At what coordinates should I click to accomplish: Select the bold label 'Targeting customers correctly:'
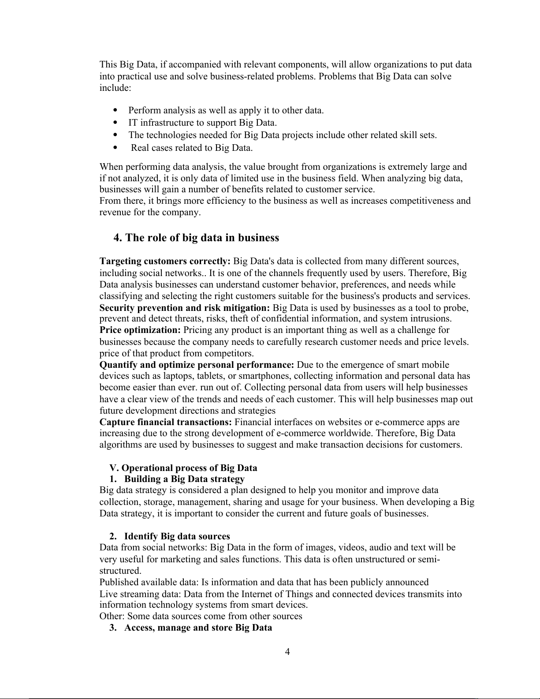point(165,262)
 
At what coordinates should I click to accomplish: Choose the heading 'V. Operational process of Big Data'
point(183,468)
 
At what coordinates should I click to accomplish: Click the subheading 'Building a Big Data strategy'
point(184,479)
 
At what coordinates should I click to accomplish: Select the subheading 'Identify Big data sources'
point(177,536)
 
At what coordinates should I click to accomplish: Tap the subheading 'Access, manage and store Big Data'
point(198,628)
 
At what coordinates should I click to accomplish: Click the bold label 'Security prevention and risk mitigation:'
point(185,308)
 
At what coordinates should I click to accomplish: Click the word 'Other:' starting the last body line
point(112,616)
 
